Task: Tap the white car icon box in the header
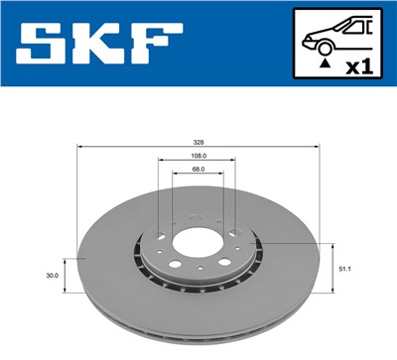(336, 46)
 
